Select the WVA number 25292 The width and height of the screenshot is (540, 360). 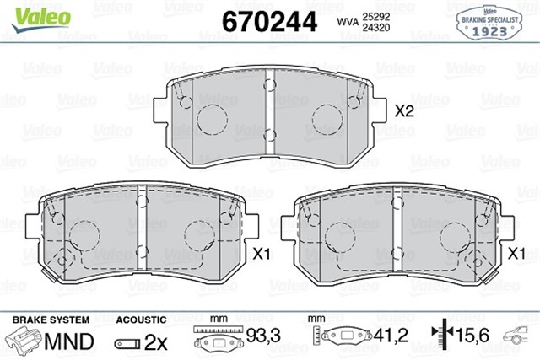[x=376, y=15]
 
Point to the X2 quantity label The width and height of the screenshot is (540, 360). [x=406, y=111]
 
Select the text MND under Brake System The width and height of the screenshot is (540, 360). [x=69, y=341]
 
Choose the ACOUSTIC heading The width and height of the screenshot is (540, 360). [x=140, y=320]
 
